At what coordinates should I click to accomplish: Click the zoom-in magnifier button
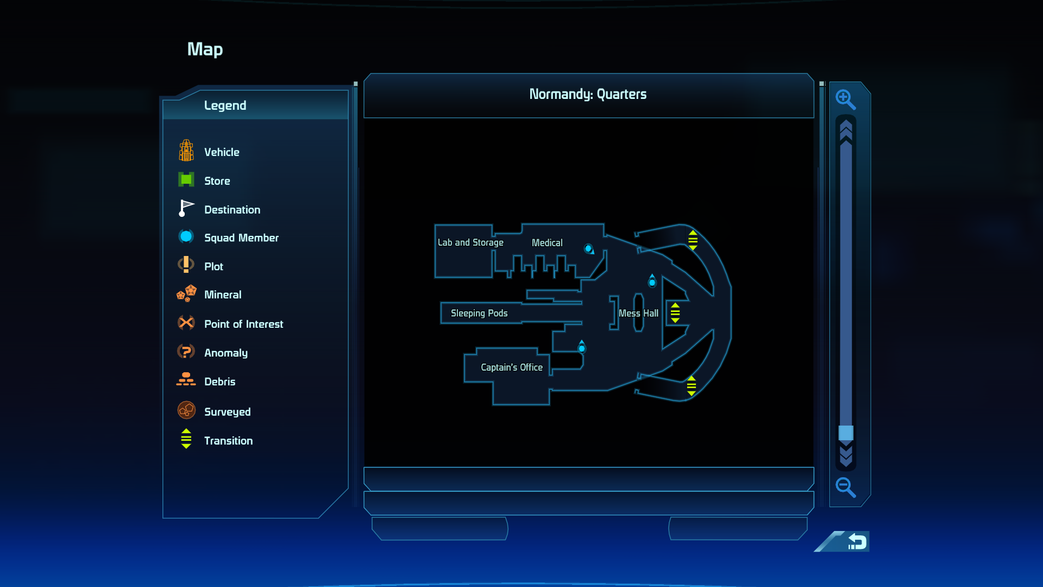[845, 99]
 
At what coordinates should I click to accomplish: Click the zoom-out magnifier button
[845, 487]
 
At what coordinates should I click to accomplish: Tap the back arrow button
[857, 541]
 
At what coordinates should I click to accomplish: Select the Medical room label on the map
[547, 243]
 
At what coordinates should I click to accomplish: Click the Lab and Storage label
[470, 242]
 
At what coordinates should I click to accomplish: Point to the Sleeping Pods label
[479, 313]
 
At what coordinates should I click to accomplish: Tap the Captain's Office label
[512, 367]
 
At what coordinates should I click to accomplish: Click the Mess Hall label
[638, 314]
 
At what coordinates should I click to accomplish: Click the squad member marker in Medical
[589, 249]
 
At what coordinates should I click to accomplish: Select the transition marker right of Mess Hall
[675, 313]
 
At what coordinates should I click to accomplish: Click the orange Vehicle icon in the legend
[186, 151]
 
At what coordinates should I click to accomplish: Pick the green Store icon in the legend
[186, 179]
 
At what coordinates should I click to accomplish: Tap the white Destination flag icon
[186, 208]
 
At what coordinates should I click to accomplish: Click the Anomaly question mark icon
[186, 352]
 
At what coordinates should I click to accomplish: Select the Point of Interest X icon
[186, 323]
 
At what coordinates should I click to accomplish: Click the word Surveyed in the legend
[228, 412]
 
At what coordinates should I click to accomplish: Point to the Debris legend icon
[186, 379]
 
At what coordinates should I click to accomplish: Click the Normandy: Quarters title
[588, 94]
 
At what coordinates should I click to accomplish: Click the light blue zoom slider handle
[846, 433]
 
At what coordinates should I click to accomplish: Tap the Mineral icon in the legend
[186, 293]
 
